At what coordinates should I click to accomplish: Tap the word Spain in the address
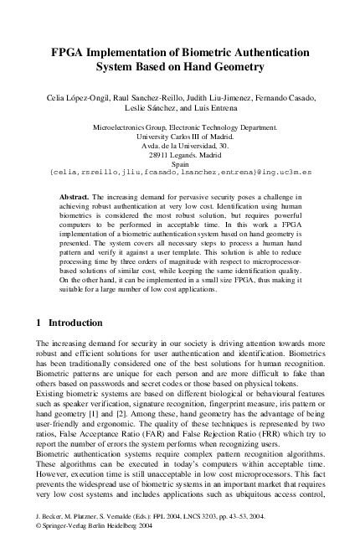(x=181, y=164)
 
